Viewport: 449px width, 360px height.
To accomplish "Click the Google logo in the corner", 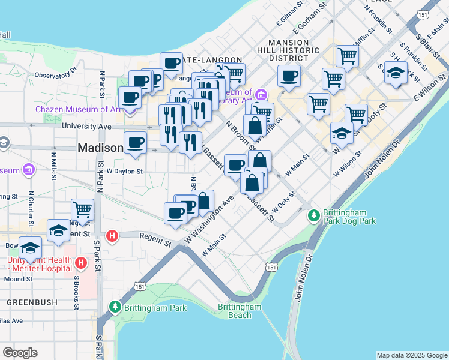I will coord(20,353).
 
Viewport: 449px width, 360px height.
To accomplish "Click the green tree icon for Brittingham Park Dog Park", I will coord(313,215).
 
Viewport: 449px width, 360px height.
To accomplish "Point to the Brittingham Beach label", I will coord(240,311).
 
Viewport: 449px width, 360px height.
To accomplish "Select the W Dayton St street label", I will coord(124,171).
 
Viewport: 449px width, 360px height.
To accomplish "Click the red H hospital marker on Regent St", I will coord(112,236).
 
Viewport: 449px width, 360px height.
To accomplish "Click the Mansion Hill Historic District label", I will coord(294,50).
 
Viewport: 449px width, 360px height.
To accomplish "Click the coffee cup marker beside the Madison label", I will coord(135,143).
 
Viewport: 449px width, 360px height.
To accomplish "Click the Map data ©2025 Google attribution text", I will coord(412,355).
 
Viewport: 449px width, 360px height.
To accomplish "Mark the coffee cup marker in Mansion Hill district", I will coord(289,76).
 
